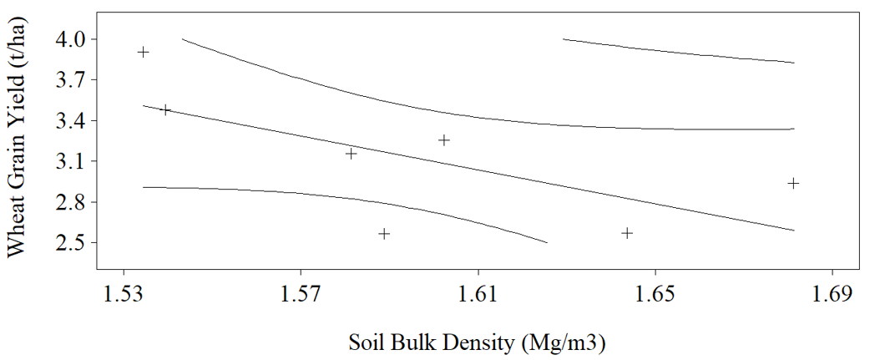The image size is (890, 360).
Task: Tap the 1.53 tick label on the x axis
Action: coord(124,297)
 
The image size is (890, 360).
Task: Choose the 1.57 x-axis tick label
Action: coord(301,297)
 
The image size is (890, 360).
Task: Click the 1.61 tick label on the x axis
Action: coord(478,297)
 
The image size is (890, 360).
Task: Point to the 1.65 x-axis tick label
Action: coord(655,297)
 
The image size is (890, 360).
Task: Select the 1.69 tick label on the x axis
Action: coord(832,297)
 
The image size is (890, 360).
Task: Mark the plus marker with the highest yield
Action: coord(144,53)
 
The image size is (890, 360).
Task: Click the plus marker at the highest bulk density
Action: coord(793,183)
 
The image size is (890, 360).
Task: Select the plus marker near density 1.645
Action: coord(627,233)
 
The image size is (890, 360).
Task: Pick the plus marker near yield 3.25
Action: coord(444,139)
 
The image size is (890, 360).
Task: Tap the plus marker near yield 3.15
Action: coord(351,154)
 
